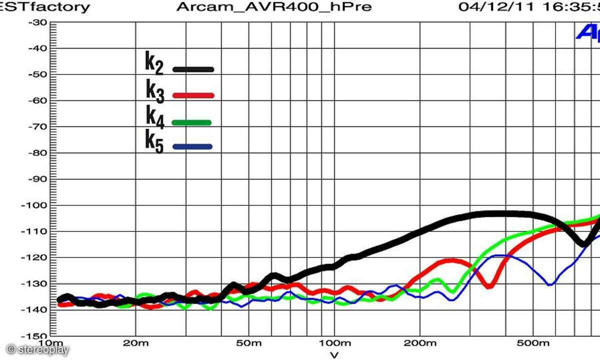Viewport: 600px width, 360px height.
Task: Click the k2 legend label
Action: click(x=154, y=63)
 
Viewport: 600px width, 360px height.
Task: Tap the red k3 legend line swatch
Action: click(x=193, y=95)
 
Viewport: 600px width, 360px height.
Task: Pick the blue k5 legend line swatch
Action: click(x=192, y=146)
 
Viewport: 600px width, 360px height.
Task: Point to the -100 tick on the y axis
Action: click(x=37, y=205)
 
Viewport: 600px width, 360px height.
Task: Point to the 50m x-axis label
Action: click(x=248, y=343)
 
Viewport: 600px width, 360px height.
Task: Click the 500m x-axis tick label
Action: click(x=533, y=343)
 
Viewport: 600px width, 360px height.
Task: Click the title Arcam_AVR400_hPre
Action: click(x=274, y=7)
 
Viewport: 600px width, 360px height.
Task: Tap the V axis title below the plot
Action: click(x=334, y=354)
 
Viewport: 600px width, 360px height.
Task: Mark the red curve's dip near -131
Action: click(x=489, y=285)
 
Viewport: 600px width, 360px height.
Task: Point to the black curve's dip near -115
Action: click(x=582, y=244)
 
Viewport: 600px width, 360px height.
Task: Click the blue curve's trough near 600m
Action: click(x=550, y=284)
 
